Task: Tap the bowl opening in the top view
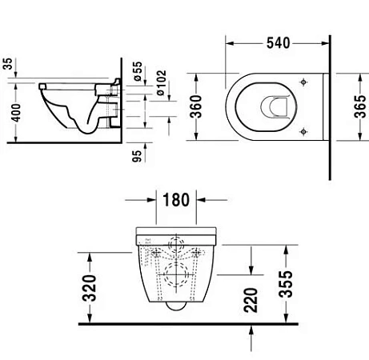[x=270, y=106]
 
